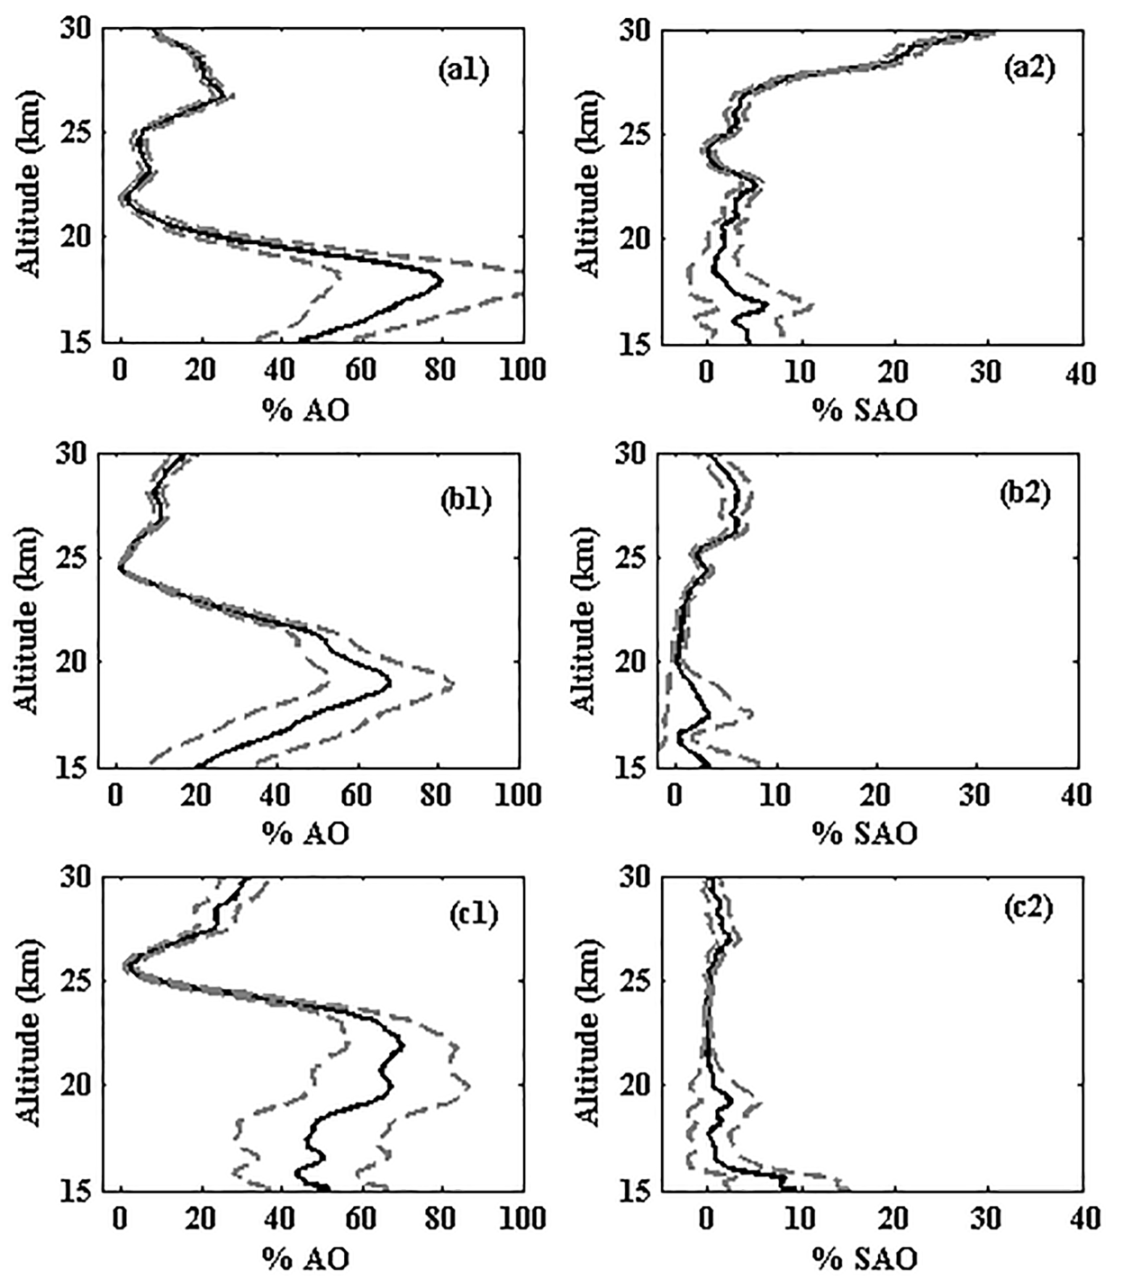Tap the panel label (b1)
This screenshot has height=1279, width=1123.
(x=466, y=500)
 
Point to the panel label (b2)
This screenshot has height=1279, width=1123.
(x=1024, y=494)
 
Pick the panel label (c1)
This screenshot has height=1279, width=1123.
(x=474, y=914)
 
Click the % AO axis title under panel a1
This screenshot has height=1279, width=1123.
(x=305, y=411)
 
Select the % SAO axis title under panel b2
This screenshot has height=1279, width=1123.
(x=864, y=834)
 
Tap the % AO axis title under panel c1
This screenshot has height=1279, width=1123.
(x=305, y=1259)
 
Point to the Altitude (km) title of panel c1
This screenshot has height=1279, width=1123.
(x=29, y=1033)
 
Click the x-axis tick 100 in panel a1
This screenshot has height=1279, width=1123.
(x=522, y=370)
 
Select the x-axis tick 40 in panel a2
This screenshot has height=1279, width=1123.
(x=1082, y=373)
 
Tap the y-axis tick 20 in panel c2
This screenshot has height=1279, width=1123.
(x=635, y=1084)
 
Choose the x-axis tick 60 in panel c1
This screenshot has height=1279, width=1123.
(x=360, y=1218)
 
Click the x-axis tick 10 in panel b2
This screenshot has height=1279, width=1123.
(x=775, y=795)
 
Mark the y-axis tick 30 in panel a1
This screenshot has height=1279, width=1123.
(x=76, y=29)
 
